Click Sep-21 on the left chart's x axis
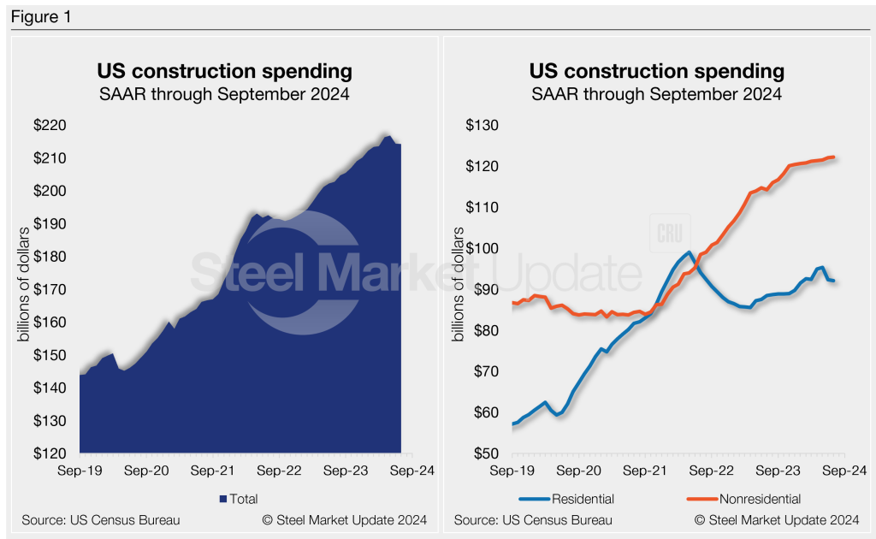pyautogui.click(x=212, y=471)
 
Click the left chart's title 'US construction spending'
pyautogui.click(x=224, y=70)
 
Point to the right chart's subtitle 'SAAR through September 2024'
pyautogui.click(x=656, y=93)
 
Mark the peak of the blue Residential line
pyautogui.click(x=690, y=252)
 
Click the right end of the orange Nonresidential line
pyautogui.click(x=834, y=157)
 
